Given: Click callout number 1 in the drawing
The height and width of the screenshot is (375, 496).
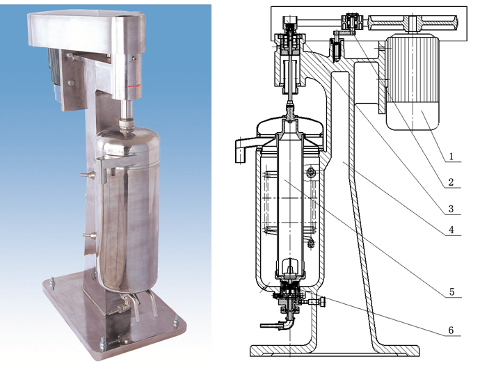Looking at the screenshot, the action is pos(451,157).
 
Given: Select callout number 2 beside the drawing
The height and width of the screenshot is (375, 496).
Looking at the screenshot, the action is pos(451,182).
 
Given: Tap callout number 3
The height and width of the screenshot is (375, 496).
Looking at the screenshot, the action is pos(451,209).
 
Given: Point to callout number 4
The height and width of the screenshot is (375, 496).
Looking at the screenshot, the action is pos(451,230).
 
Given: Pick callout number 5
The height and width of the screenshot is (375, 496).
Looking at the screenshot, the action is pos(451,292).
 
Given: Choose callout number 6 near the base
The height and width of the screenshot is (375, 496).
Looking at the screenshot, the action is pos(451,330).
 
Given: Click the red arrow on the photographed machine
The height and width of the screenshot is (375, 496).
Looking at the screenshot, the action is pos(134,86).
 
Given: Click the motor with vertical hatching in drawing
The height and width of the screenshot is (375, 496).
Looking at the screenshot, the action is pos(412,83).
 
